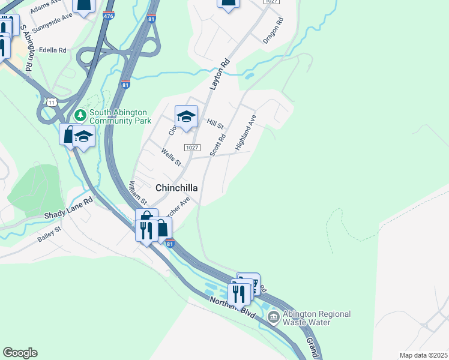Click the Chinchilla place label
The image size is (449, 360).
[176, 188]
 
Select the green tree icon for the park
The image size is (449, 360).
[79, 113]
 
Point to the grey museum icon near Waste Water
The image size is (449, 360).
[274, 316]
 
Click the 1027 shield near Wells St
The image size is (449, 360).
[191, 148]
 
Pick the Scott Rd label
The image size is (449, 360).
[218, 145]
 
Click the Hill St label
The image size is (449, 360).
[215, 124]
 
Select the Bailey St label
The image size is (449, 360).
[49, 233]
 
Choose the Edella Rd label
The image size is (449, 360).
[52, 50]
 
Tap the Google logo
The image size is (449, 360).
[20, 353]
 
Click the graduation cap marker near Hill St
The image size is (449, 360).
[186, 116]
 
